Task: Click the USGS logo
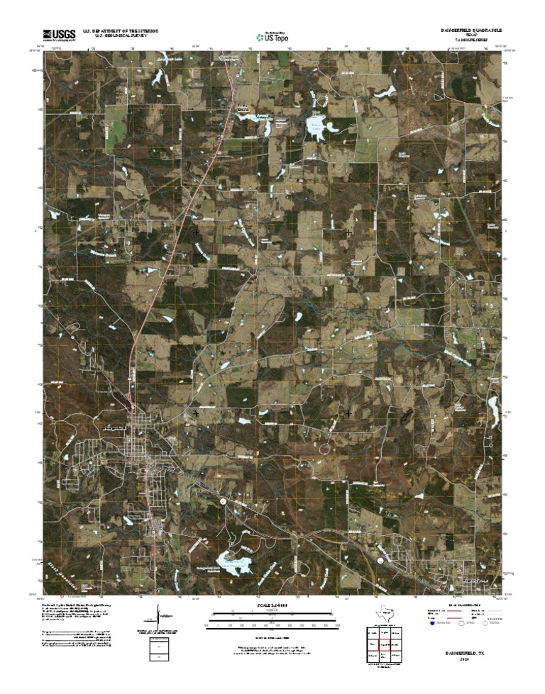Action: pos(60,34)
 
